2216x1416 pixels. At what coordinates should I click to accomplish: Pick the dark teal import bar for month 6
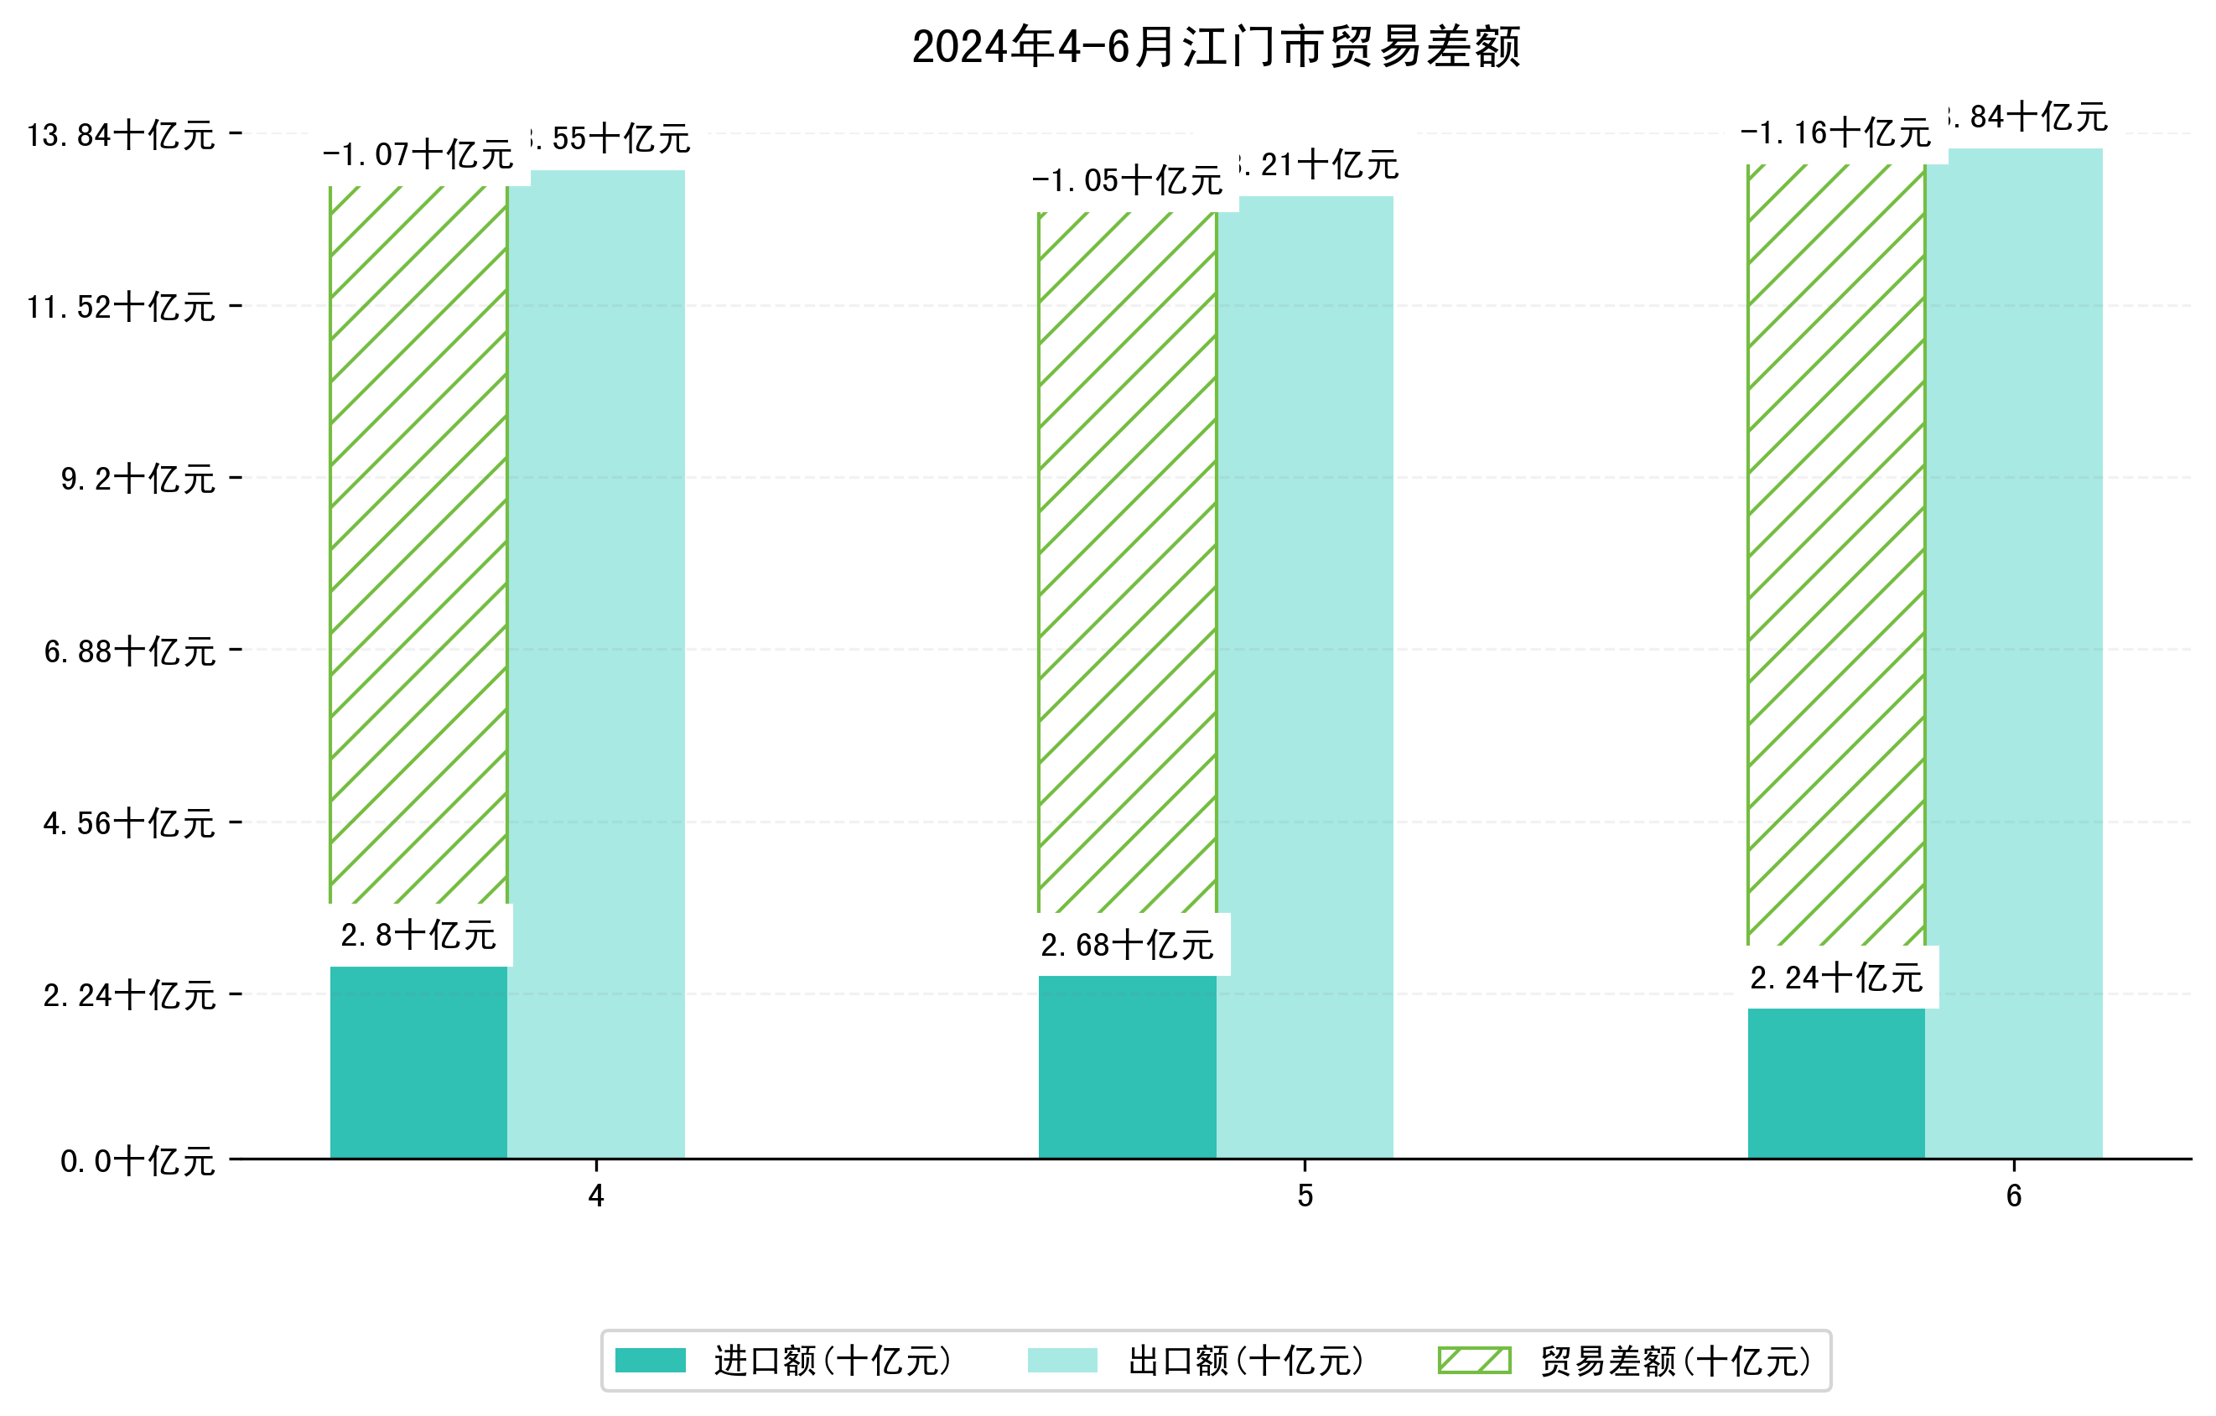[1836, 1083]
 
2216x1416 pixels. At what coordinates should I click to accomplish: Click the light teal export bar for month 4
[596, 662]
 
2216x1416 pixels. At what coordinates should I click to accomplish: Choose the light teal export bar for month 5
[1305, 677]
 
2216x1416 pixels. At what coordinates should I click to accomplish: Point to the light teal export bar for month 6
[2014, 653]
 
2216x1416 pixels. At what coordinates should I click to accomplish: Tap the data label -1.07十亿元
[418, 154]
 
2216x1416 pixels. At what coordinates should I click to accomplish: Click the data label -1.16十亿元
[1835, 132]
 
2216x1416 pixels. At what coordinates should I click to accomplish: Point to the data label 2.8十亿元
[418, 936]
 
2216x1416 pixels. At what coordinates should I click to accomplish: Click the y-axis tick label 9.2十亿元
[138, 479]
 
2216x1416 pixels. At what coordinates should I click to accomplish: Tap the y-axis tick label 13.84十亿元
[121, 135]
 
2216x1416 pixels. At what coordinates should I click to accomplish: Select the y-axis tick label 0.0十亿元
[138, 1161]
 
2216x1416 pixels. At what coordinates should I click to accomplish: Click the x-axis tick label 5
[1305, 1196]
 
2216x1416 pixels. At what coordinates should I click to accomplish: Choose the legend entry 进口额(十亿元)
[832, 1361]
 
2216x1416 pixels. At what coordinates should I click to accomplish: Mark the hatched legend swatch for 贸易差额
[1474, 1360]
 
